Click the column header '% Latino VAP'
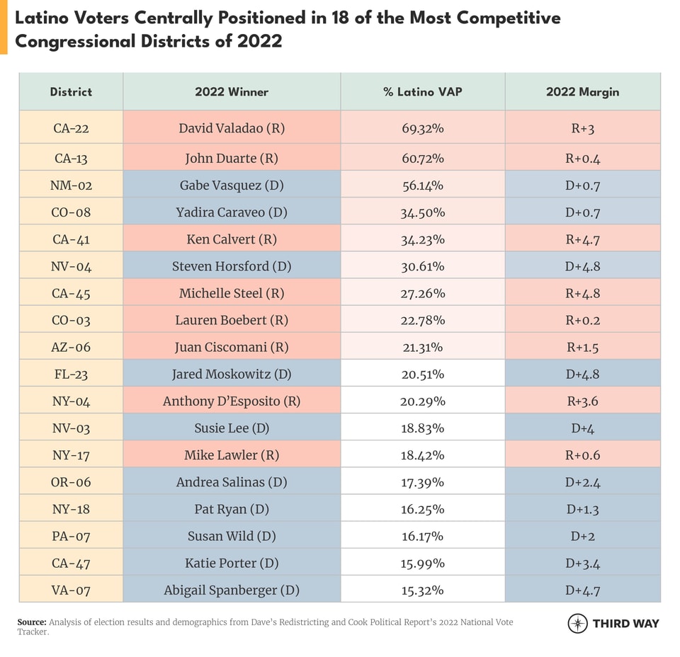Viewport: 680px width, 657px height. click(423, 92)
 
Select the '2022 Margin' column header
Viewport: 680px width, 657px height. click(582, 92)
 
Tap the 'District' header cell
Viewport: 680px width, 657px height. click(71, 92)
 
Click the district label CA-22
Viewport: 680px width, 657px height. click(71, 129)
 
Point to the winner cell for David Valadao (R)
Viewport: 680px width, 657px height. click(232, 129)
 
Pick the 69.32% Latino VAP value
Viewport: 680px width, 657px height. click(423, 129)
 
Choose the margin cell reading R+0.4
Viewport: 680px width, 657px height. click(582, 159)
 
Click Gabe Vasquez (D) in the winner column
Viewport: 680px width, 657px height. click(232, 185)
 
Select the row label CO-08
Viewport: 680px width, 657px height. click(71, 212)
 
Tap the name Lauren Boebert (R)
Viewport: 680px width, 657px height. click(232, 320)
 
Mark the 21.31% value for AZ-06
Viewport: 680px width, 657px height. click(423, 347)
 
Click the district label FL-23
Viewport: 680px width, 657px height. click(71, 375)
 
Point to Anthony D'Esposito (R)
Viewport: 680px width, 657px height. click(232, 401)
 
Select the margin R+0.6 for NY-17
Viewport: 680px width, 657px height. click(582, 455)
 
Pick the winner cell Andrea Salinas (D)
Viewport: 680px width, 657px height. click(232, 482)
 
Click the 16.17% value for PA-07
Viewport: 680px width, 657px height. click(423, 536)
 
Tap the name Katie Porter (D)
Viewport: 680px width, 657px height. click(232, 563)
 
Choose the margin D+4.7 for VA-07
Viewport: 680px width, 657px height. click(582, 590)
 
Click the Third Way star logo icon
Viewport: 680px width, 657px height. click(577, 623)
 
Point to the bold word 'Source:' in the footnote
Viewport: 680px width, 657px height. click(33, 622)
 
